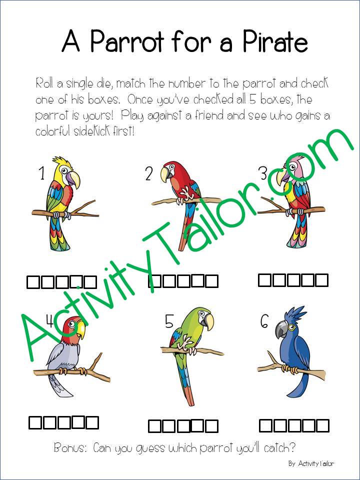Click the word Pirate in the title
pos(267,41)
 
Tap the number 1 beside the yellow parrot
pos(41,173)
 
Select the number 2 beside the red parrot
pos(148,174)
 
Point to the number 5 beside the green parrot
pos(169,322)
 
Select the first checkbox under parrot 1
pos(32,283)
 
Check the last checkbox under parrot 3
pos(321,280)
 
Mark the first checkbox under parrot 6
pos(266,426)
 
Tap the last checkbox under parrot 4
pos(92,423)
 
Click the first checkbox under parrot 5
pos(155,426)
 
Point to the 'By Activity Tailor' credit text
pos(310,463)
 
